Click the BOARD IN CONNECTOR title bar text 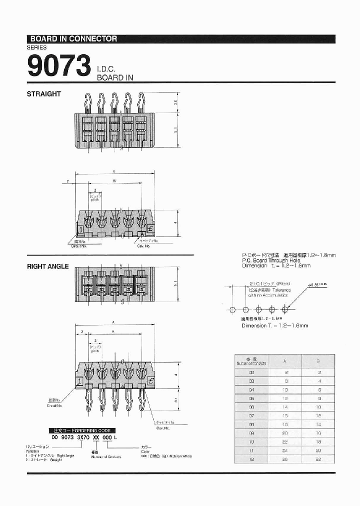(73, 38)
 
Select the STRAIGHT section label (44, 93)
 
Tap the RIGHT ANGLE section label (47, 266)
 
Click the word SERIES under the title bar (36, 47)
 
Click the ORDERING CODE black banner (81, 430)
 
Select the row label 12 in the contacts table (251, 459)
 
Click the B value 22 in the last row (318, 459)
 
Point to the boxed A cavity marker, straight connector (142, 234)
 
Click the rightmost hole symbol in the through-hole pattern (285, 309)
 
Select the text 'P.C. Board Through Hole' (270, 260)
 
